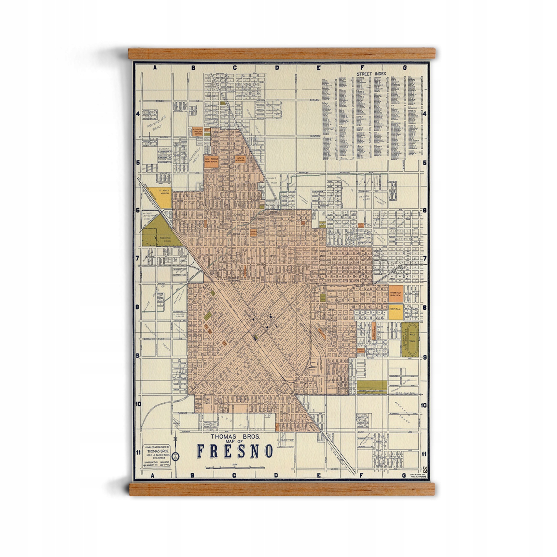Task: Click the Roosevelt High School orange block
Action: click(x=396, y=294)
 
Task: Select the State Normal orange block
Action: click(x=240, y=159)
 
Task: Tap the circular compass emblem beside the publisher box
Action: click(x=175, y=464)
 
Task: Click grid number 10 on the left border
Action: click(x=138, y=404)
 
